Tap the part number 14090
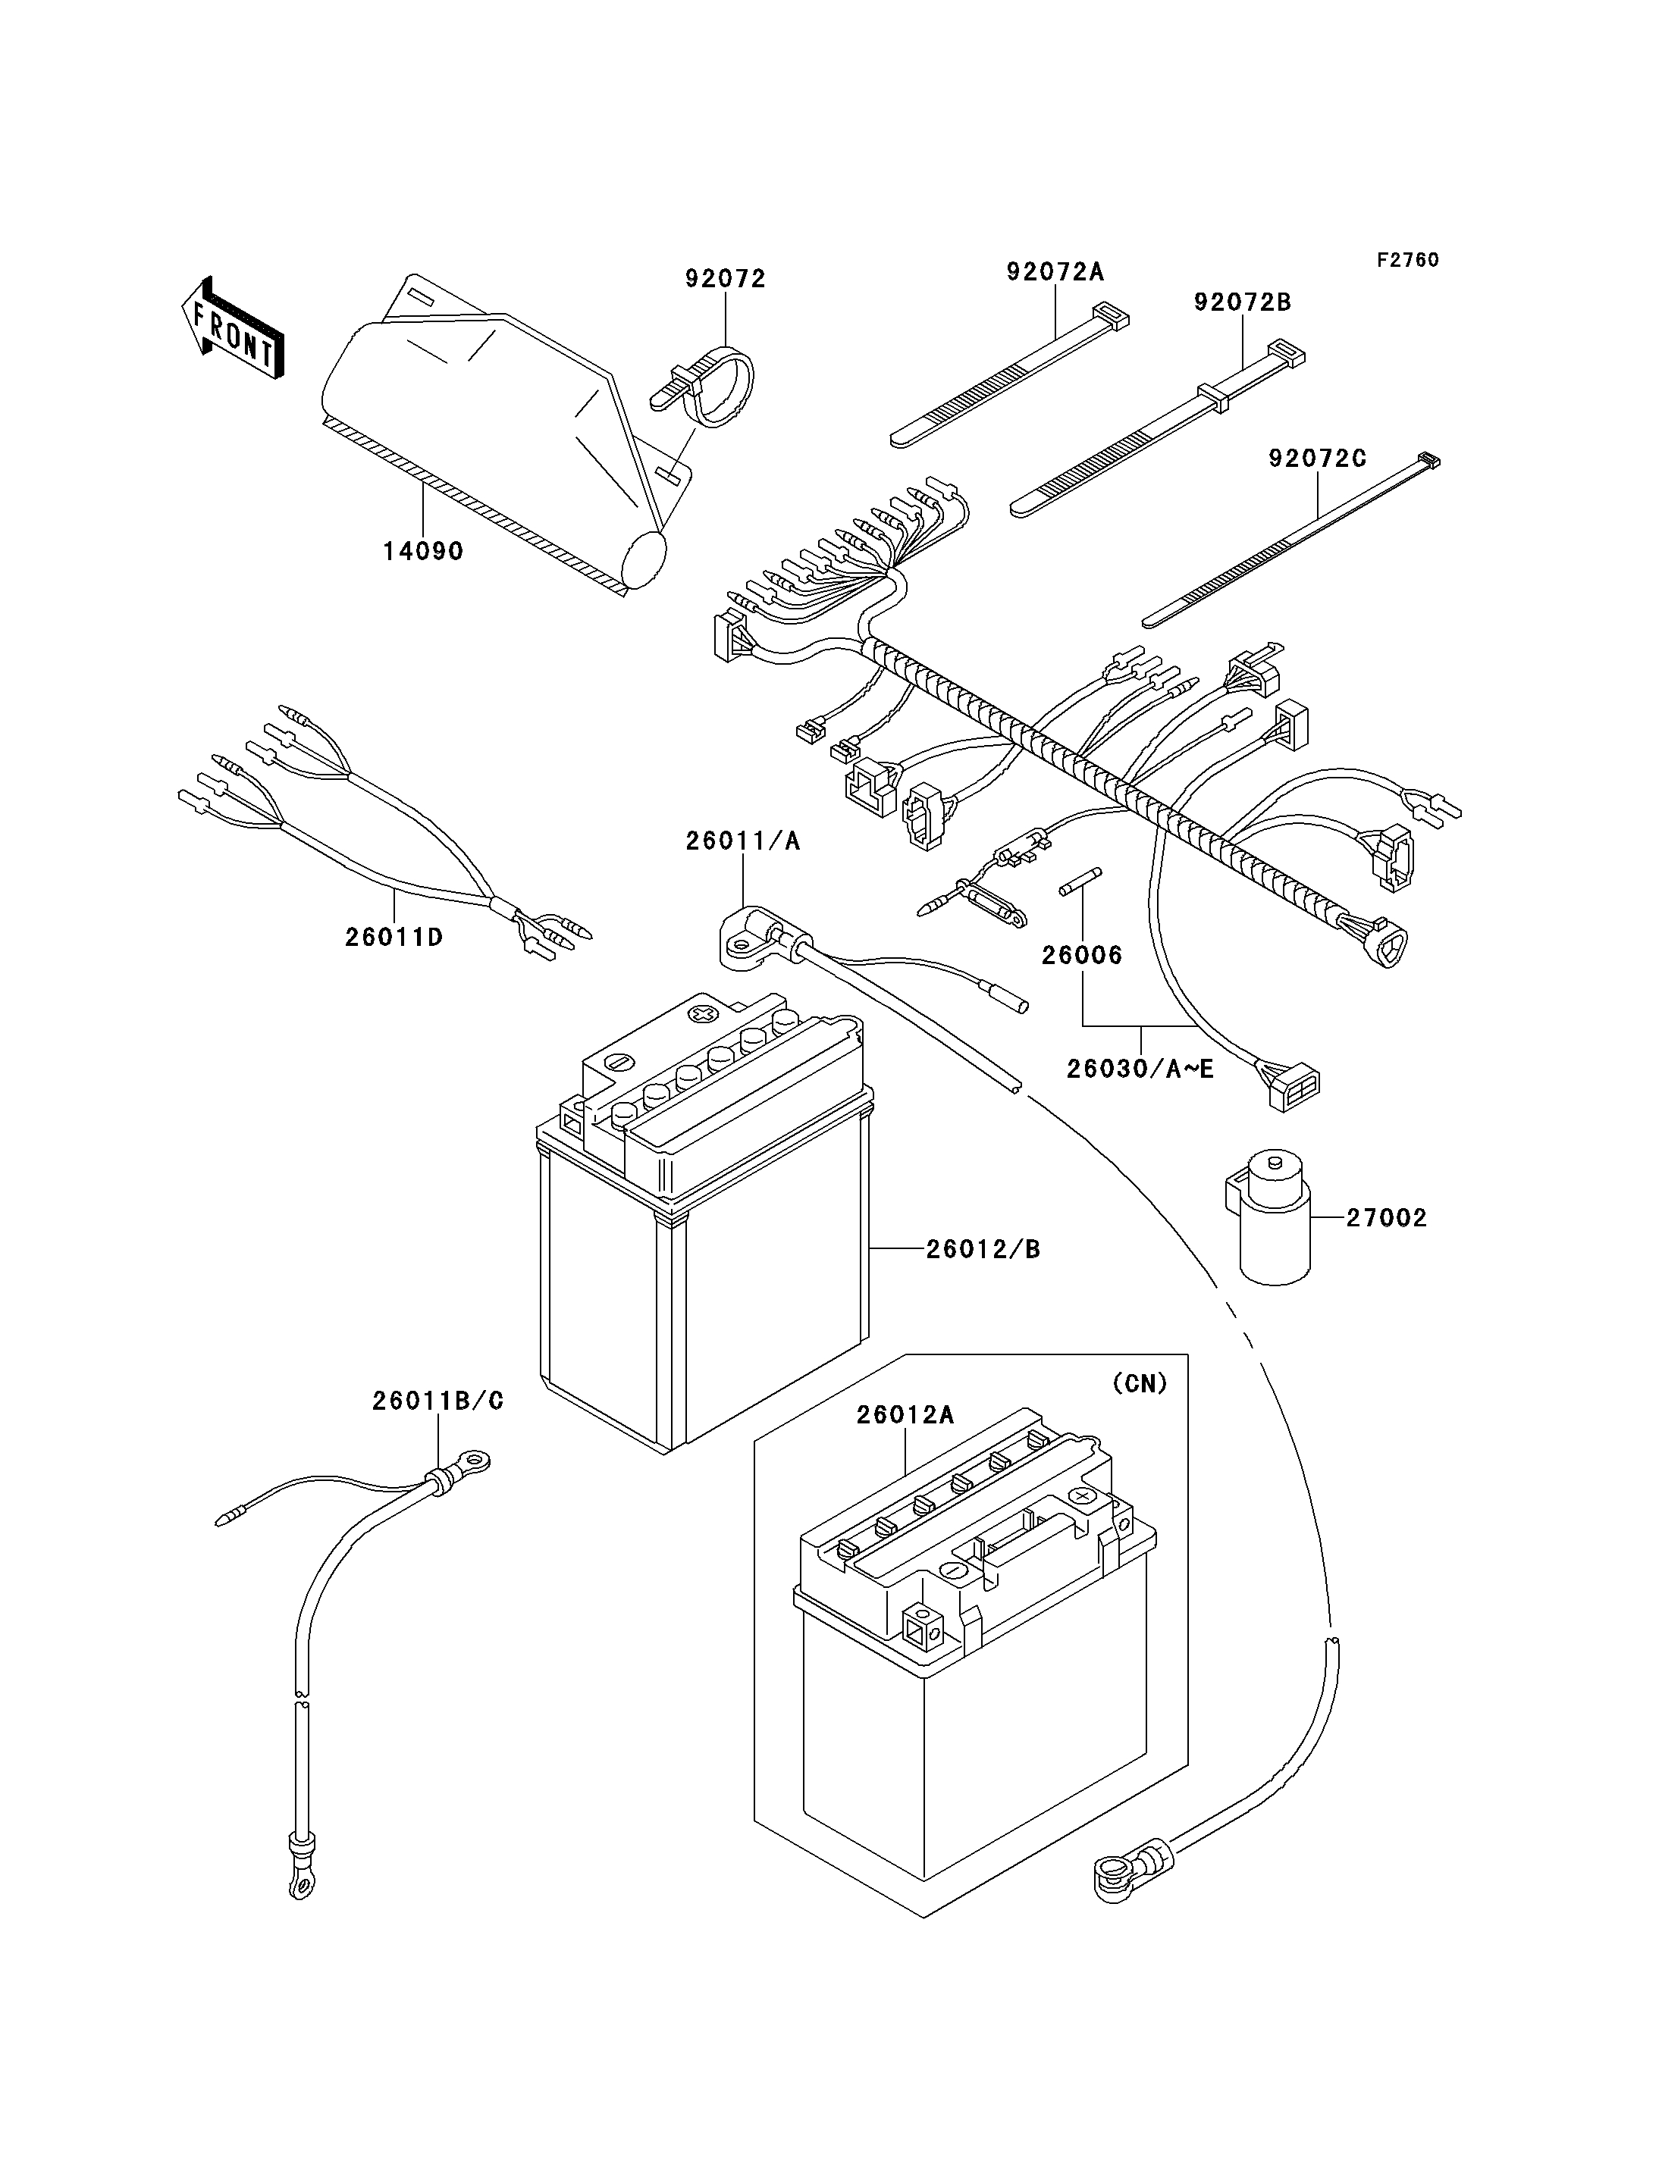pos(423,552)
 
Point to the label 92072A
pos(1055,272)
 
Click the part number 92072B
pos(1243,302)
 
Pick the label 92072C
pos(1318,459)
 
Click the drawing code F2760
pos(1408,260)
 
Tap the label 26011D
pos(394,937)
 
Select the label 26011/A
pos(743,842)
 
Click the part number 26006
pos(1082,956)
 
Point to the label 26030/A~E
pos(1140,1069)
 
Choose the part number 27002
pos(1386,1219)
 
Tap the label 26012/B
pos(983,1250)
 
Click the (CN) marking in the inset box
pos(1140,1384)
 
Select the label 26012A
pos(905,1415)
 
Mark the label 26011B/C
pos(437,1401)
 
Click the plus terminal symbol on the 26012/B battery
pos(704,1014)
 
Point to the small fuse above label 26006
pos(1080,882)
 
